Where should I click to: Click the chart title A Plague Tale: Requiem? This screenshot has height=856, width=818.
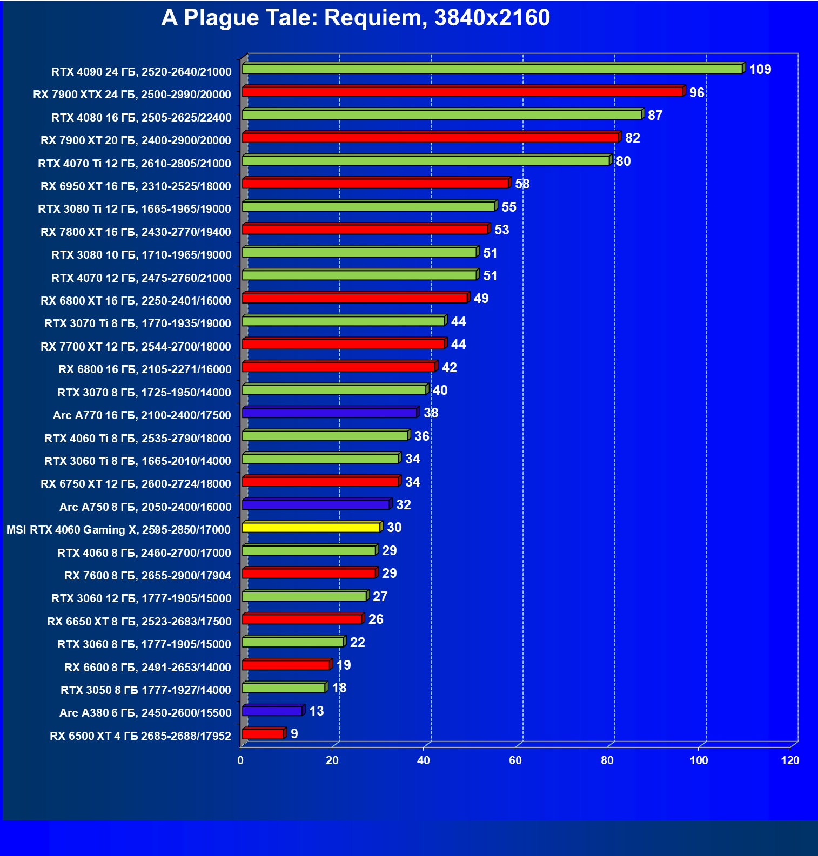[x=356, y=18]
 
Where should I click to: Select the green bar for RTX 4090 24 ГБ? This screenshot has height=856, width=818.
[x=492, y=69]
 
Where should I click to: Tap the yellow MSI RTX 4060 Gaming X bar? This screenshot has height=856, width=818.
[x=311, y=527]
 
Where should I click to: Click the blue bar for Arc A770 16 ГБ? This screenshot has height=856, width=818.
[x=330, y=413]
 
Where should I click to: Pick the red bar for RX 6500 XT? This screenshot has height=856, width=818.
[x=263, y=733]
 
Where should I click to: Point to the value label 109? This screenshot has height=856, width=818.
[x=760, y=70]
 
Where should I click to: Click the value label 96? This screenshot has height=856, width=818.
[x=696, y=93]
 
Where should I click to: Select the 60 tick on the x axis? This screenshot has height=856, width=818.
[x=515, y=760]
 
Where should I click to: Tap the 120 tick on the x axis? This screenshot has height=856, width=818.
[x=790, y=760]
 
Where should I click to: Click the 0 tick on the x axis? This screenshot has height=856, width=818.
[x=240, y=760]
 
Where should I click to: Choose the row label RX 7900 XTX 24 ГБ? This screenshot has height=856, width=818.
[x=132, y=95]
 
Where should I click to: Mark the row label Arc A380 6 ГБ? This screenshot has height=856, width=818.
[x=145, y=713]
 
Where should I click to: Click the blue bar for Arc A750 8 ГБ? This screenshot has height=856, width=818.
[x=316, y=504]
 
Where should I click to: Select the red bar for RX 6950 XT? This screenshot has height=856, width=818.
[x=376, y=184]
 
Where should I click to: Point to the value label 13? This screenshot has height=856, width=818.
[x=317, y=711]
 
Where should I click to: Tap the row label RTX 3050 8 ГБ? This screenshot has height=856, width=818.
[x=146, y=690]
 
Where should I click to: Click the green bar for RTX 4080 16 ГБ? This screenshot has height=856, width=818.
[x=442, y=114]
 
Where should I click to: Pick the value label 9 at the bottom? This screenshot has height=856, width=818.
[x=294, y=734]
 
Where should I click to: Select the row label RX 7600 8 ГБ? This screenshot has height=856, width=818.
[x=147, y=576]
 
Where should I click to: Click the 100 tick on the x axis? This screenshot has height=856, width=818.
[x=699, y=760]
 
